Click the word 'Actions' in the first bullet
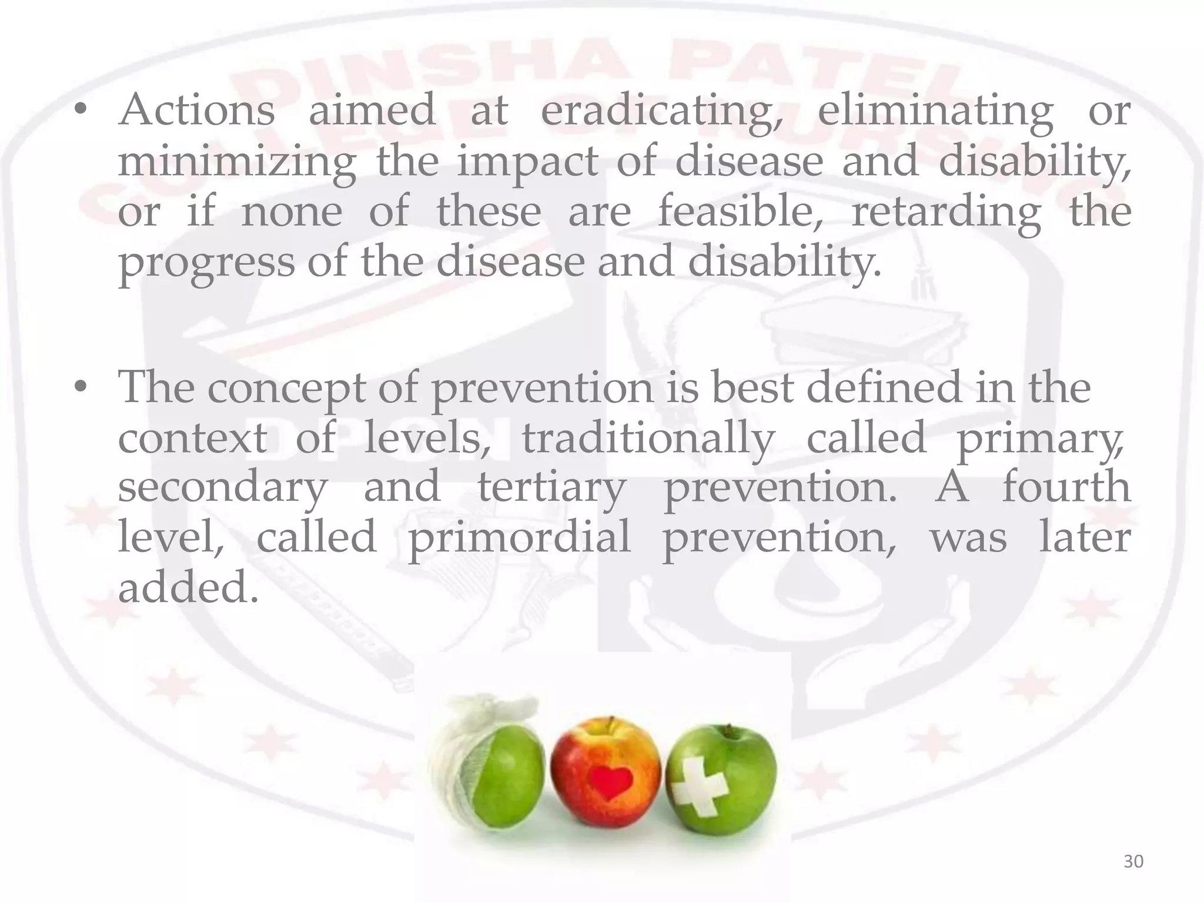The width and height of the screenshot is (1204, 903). click(196, 110)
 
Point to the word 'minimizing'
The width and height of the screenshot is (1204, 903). click(236, 162)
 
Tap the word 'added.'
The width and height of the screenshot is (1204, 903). click(188, 588)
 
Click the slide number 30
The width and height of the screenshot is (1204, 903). click(1133, 862)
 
